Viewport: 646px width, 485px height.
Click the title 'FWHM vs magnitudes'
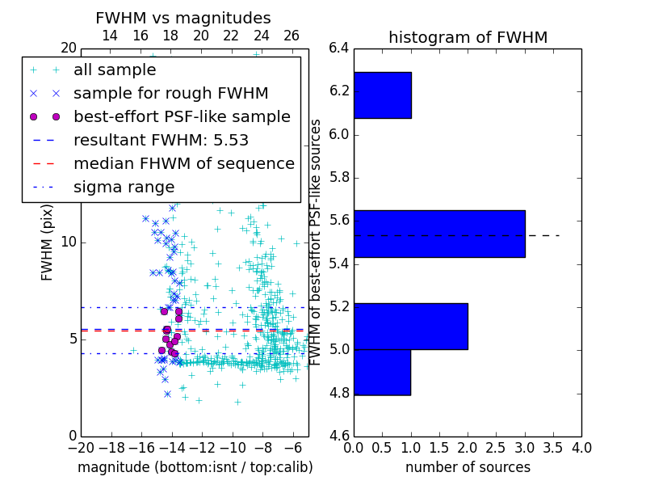tap(183, 18)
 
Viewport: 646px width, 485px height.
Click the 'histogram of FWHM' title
tap(468, 37)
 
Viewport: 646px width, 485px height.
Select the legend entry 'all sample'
tap(115, 70)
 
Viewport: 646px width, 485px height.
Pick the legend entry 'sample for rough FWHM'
tap(170, 94)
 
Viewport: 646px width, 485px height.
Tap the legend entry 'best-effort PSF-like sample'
tap(182, 117)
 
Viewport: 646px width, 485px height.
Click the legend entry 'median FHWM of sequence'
tap(183, 164)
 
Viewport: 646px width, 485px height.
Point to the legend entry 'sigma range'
tap(124, 188)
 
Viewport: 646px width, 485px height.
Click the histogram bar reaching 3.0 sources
tap(439, 234)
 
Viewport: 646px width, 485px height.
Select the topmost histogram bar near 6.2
tap(382, 95)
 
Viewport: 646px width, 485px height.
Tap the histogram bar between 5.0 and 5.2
tap(410, 326)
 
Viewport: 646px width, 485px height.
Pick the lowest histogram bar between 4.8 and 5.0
tap(382, 372)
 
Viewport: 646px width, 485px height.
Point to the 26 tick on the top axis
tap(292, 36)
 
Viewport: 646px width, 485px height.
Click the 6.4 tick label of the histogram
tap(338, 48)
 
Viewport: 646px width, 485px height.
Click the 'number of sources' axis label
tap(468, 467)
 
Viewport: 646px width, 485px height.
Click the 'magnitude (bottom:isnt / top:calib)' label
tap(195, 467)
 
